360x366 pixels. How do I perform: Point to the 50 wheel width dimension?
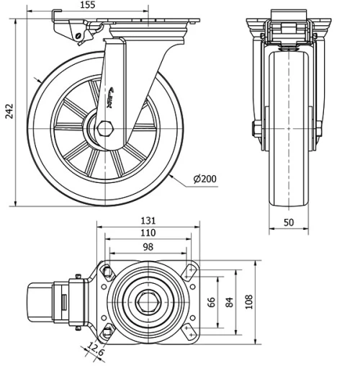pyautogui.click(x=289, y=223)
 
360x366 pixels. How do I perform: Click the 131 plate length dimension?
pyautogui.click(x=148, y=221)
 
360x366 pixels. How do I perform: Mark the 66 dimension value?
pyautogui.click(x=211, y=301)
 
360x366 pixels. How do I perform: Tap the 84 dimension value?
pyautogui.click(x=230, y=301)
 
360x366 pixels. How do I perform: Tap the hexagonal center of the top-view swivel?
pyautogui.click(x=150, y=300)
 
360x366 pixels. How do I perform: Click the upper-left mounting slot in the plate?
pyautogui.click(x=108, y=272)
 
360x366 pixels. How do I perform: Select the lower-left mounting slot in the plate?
pyautogui.click(x=108, y=331)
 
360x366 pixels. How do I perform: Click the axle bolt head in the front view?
pyautogui.click(x=256, y=130)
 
